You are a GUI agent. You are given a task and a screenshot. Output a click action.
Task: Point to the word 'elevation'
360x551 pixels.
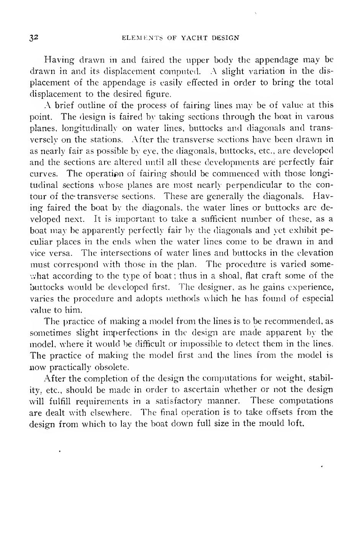[317, 253]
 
